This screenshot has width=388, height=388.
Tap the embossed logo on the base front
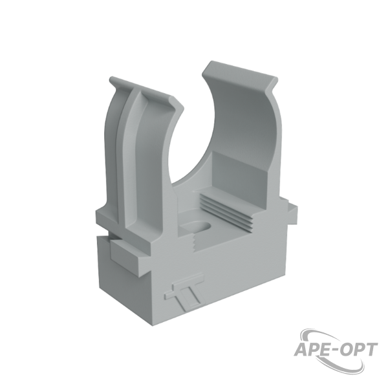pos(184,292)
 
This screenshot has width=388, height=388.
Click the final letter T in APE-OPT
pos(371,350)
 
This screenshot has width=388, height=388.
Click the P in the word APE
pos(314,350)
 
